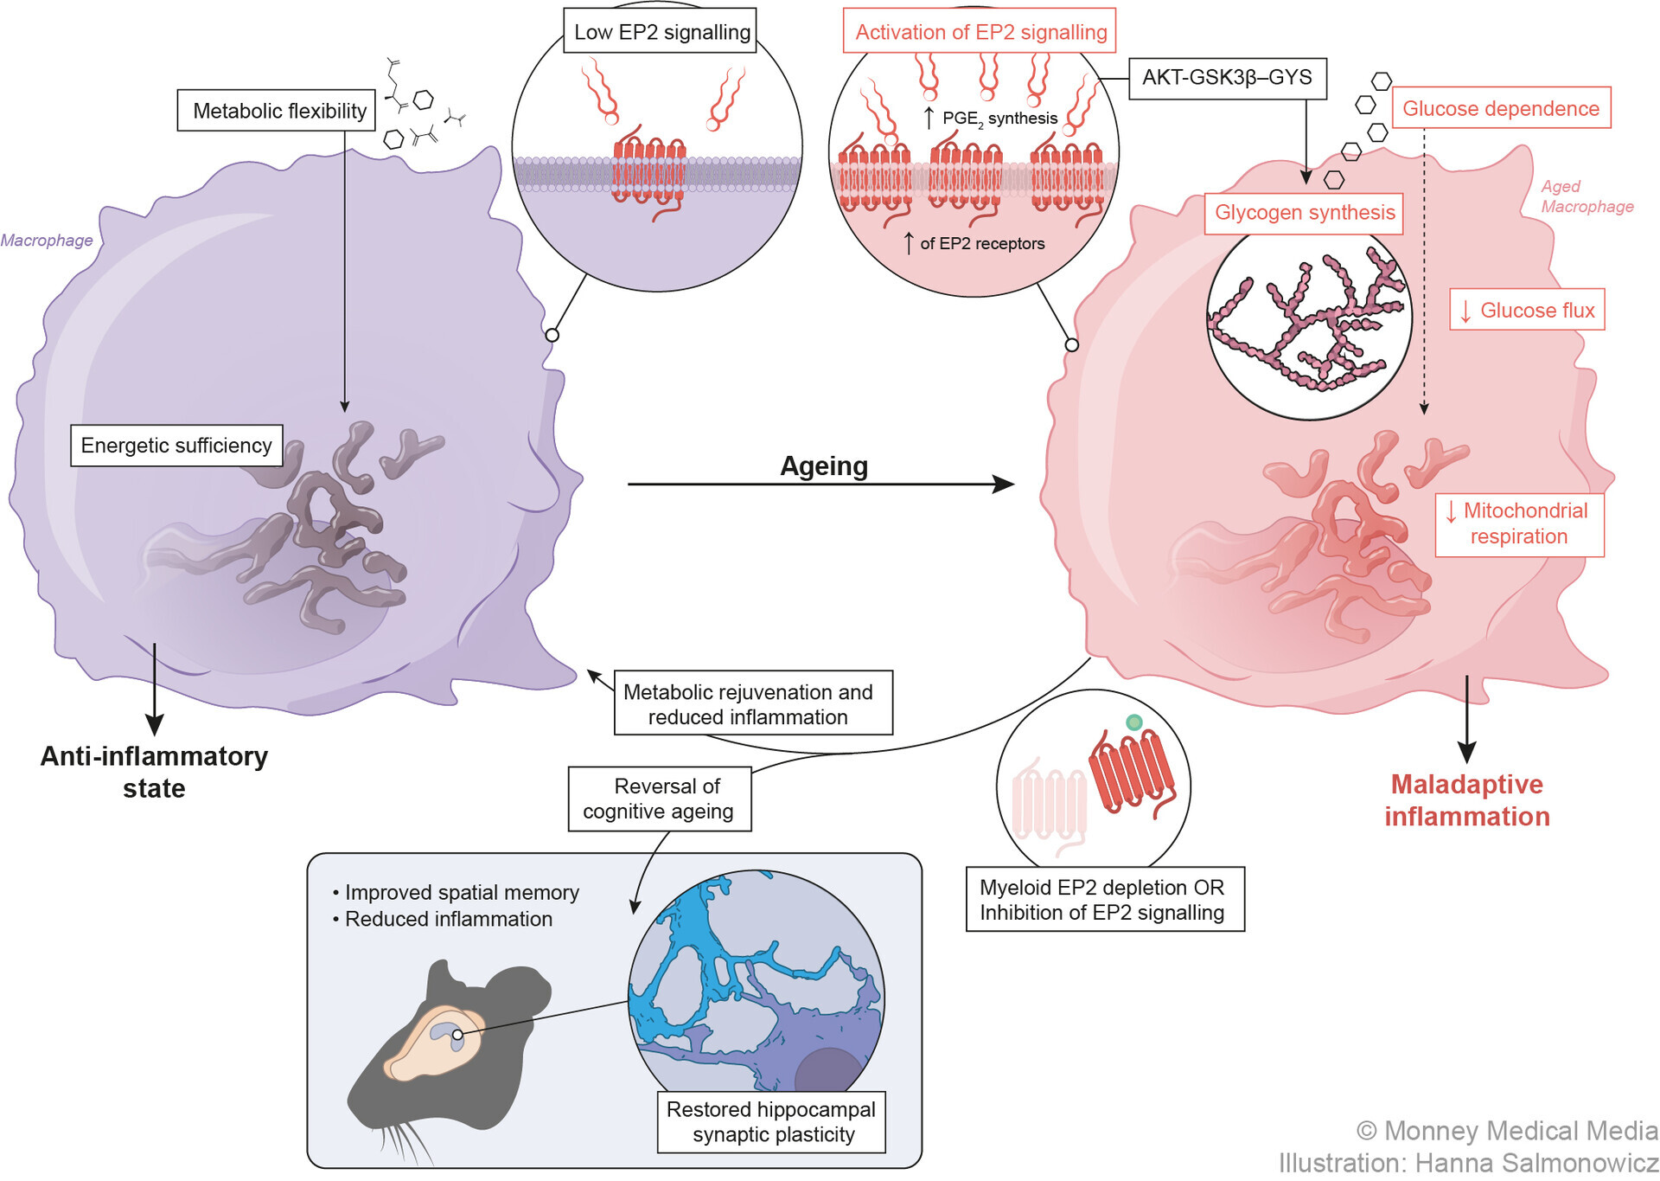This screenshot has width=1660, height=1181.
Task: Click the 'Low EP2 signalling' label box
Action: coord(661,32)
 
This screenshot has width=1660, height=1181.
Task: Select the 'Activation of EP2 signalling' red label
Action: coord(980,32)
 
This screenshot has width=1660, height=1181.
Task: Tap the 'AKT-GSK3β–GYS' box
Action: coord(1227,78)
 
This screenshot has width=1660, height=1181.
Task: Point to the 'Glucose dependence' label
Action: coord(1501,108)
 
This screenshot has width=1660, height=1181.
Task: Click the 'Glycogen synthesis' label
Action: coord(1304,213)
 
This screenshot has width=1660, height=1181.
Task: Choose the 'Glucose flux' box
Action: coord(1528,310)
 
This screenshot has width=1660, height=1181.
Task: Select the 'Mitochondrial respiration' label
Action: coord(1519,523)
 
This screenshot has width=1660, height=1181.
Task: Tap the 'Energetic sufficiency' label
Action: coord(176,446)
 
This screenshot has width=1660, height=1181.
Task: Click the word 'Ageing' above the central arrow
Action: coord(824,466)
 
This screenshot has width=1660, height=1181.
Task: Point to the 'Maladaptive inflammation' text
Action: coord(1467,800)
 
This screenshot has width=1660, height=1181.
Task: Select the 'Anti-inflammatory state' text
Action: coord(154,772)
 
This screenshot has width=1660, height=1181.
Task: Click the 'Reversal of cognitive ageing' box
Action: coord(659,799)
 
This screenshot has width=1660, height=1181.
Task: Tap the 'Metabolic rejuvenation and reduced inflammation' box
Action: coord(749,704)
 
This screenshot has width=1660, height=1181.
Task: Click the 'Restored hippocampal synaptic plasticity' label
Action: coord(771,1122)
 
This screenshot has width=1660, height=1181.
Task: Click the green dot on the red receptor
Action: coord(1133,722)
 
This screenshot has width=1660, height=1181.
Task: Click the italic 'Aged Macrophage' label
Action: coord(1586,196)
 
